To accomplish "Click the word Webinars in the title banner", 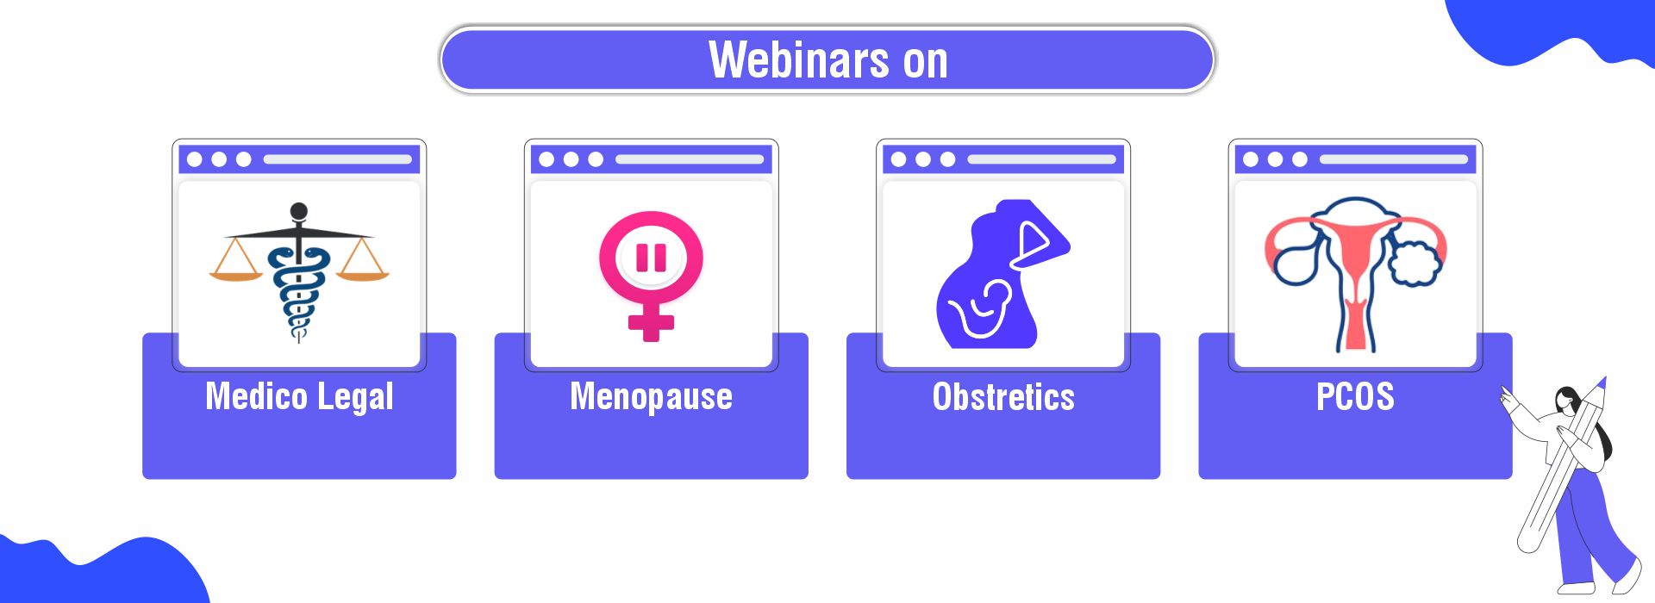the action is [798, 59].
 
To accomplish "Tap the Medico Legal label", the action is [299, 397].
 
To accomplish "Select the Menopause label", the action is [651, 397].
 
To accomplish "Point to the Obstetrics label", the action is [1003, 397].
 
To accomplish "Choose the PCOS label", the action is [1355, 396].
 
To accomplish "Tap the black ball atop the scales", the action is [299, 211].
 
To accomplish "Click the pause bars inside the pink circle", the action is [651, 258].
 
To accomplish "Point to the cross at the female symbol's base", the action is [651, 324].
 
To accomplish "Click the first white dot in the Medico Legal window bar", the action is [195, 159].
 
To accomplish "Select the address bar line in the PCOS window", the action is [1393, 159].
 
